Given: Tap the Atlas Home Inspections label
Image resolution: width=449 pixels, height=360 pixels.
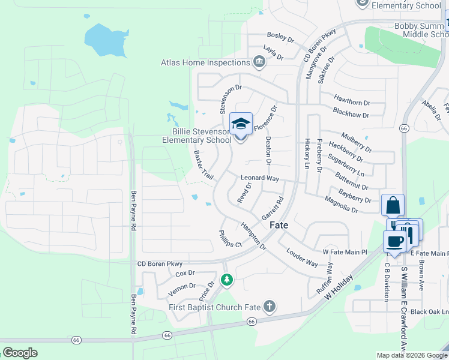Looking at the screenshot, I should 205,62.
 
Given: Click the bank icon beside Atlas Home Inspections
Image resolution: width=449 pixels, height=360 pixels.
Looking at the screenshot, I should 259,61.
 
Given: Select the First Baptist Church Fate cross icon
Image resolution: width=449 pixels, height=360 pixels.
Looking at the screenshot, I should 270,307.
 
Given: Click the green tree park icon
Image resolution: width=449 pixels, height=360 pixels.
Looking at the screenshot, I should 227,280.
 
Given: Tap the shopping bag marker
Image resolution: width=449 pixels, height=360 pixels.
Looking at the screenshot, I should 393,206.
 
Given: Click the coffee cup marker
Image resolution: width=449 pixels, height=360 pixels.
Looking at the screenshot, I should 394,241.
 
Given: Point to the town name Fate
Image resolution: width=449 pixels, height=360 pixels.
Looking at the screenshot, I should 279,225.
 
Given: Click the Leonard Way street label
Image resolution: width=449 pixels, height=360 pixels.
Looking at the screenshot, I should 260,178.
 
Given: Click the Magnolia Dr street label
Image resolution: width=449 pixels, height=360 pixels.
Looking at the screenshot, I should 341,206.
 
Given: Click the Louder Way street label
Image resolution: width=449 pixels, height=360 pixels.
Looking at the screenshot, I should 302,257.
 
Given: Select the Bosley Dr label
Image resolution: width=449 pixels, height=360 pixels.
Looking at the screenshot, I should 280,37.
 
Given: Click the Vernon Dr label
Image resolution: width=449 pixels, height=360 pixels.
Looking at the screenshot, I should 182,286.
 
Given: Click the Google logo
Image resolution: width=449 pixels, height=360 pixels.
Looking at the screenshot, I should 20,352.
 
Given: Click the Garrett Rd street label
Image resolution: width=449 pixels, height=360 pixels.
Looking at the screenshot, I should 272,209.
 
